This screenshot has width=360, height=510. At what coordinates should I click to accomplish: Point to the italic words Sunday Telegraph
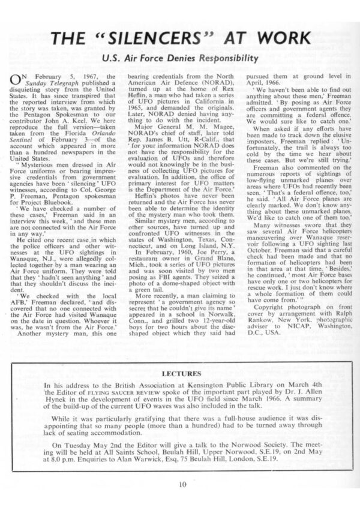click(53, 84)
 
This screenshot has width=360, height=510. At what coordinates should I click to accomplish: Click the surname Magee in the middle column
click(202, 124)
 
